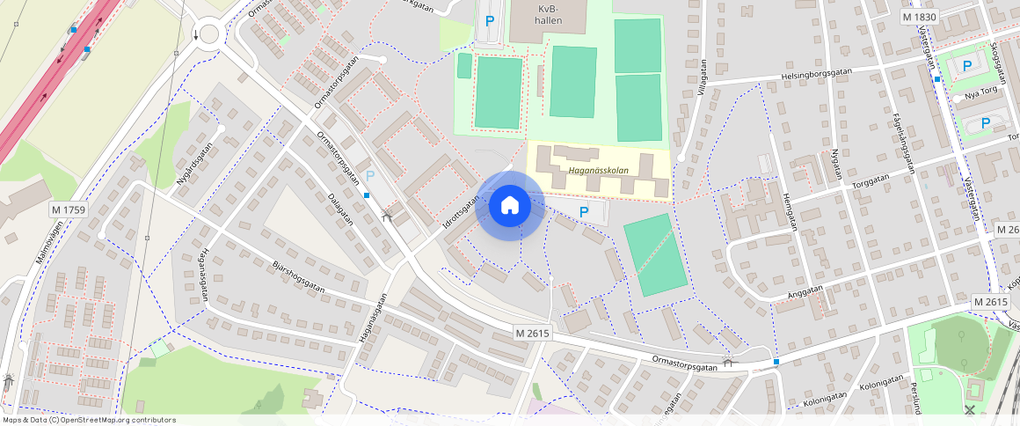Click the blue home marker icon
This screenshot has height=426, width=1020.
pos(509,206)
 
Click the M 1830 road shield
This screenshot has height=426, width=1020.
pos(920,17)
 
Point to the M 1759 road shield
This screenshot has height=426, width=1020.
pos(68,209)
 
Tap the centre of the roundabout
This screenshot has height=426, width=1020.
pos(208,34)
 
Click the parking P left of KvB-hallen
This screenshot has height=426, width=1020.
pos(489,19)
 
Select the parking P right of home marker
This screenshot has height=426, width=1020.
pos(583,211)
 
